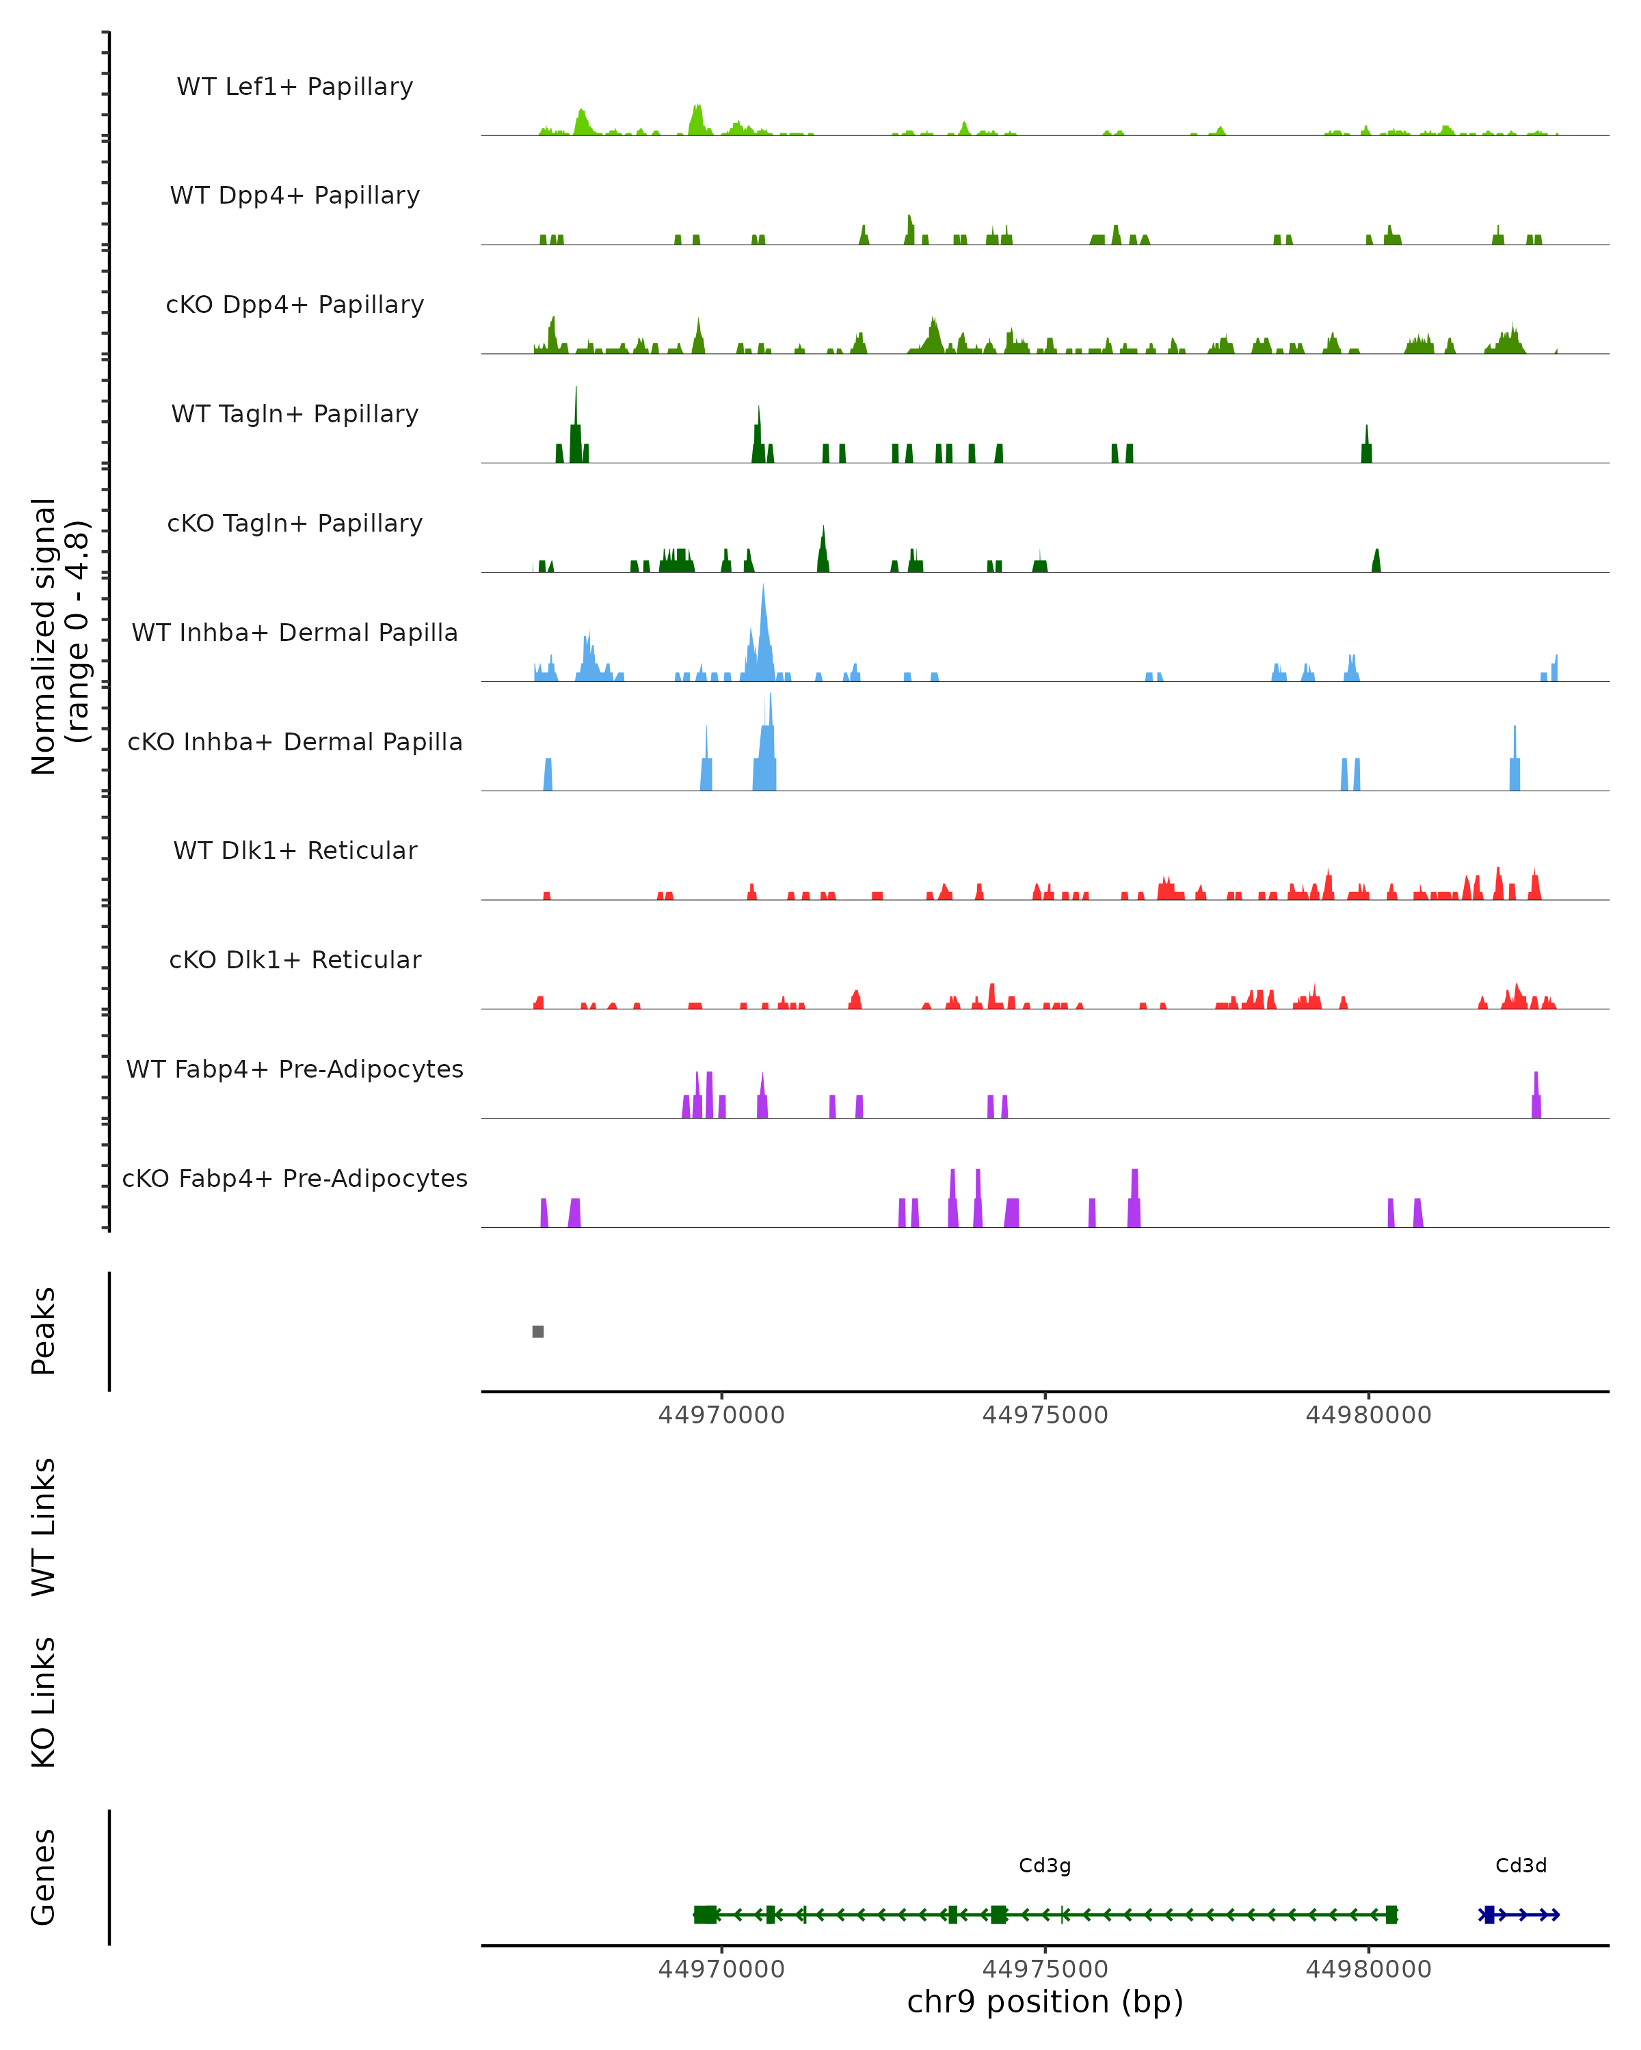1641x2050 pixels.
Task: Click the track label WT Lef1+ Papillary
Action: (295, 87)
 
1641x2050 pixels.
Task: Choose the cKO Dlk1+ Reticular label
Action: (295, 959)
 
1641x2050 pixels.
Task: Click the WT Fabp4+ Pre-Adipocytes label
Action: (295, 1069)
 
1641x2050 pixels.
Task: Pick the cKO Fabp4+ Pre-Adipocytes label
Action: (295, 1178)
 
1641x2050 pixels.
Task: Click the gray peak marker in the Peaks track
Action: (538, 1331)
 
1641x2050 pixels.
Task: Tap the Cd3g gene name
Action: (1045, 1865)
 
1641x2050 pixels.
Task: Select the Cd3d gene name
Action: (1521, 1865)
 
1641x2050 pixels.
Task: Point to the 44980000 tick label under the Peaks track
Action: (1368, 1415)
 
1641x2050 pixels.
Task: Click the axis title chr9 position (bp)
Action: (1045, 2002)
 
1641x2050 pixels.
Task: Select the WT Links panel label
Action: (44, 1527)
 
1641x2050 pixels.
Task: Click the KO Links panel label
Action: (44, 1702)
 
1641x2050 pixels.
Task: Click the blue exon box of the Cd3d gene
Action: (1489, 1915)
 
